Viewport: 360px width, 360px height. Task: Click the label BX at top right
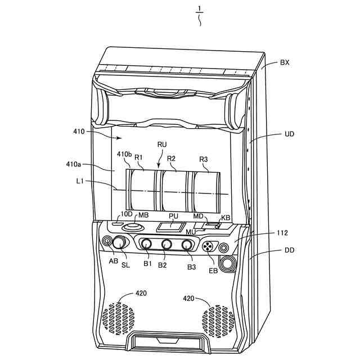click(x=285, y=63)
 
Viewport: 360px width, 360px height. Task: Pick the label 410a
click(x=74, y=165)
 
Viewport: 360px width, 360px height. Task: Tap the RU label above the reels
click(x=162, y=145)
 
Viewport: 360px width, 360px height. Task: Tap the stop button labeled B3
click(x=187, y=245)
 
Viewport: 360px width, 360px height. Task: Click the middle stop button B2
click(x=166, y=245)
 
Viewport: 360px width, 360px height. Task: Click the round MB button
click(x=133, y=228)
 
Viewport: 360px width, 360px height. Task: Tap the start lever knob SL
click(x=120, y=243)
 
